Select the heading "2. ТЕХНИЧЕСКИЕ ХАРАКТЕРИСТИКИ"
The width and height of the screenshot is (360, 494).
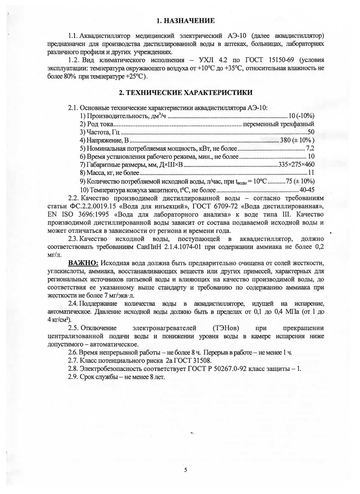[186, 93]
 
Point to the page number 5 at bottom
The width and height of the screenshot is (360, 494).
[186, 470]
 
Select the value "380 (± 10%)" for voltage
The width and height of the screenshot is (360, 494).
[296, 140]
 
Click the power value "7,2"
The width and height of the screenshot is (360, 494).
[310, 148]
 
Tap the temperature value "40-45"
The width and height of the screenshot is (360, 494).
[307, 189]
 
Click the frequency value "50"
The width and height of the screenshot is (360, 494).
[311, 132]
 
